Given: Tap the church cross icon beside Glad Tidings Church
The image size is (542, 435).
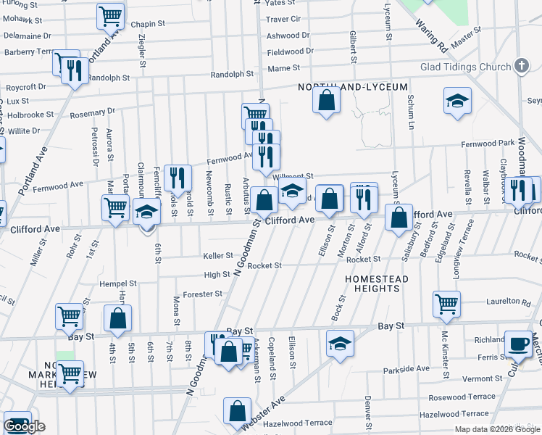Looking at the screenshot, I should pos(520,67).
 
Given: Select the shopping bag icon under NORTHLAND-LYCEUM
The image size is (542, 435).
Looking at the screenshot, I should pos(327,99).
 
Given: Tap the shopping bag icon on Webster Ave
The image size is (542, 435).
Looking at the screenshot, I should pos(237,411).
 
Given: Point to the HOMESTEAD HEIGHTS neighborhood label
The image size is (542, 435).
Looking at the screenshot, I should pos(376,283).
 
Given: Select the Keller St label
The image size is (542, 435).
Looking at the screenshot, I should pos(218,256).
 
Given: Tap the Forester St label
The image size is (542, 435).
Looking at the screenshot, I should pos(202,294).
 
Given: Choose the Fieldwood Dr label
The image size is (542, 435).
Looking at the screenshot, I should pos(290,51).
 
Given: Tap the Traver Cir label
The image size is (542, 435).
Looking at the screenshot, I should pos(283,19).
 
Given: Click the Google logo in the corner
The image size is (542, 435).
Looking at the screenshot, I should pos(25,426).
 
